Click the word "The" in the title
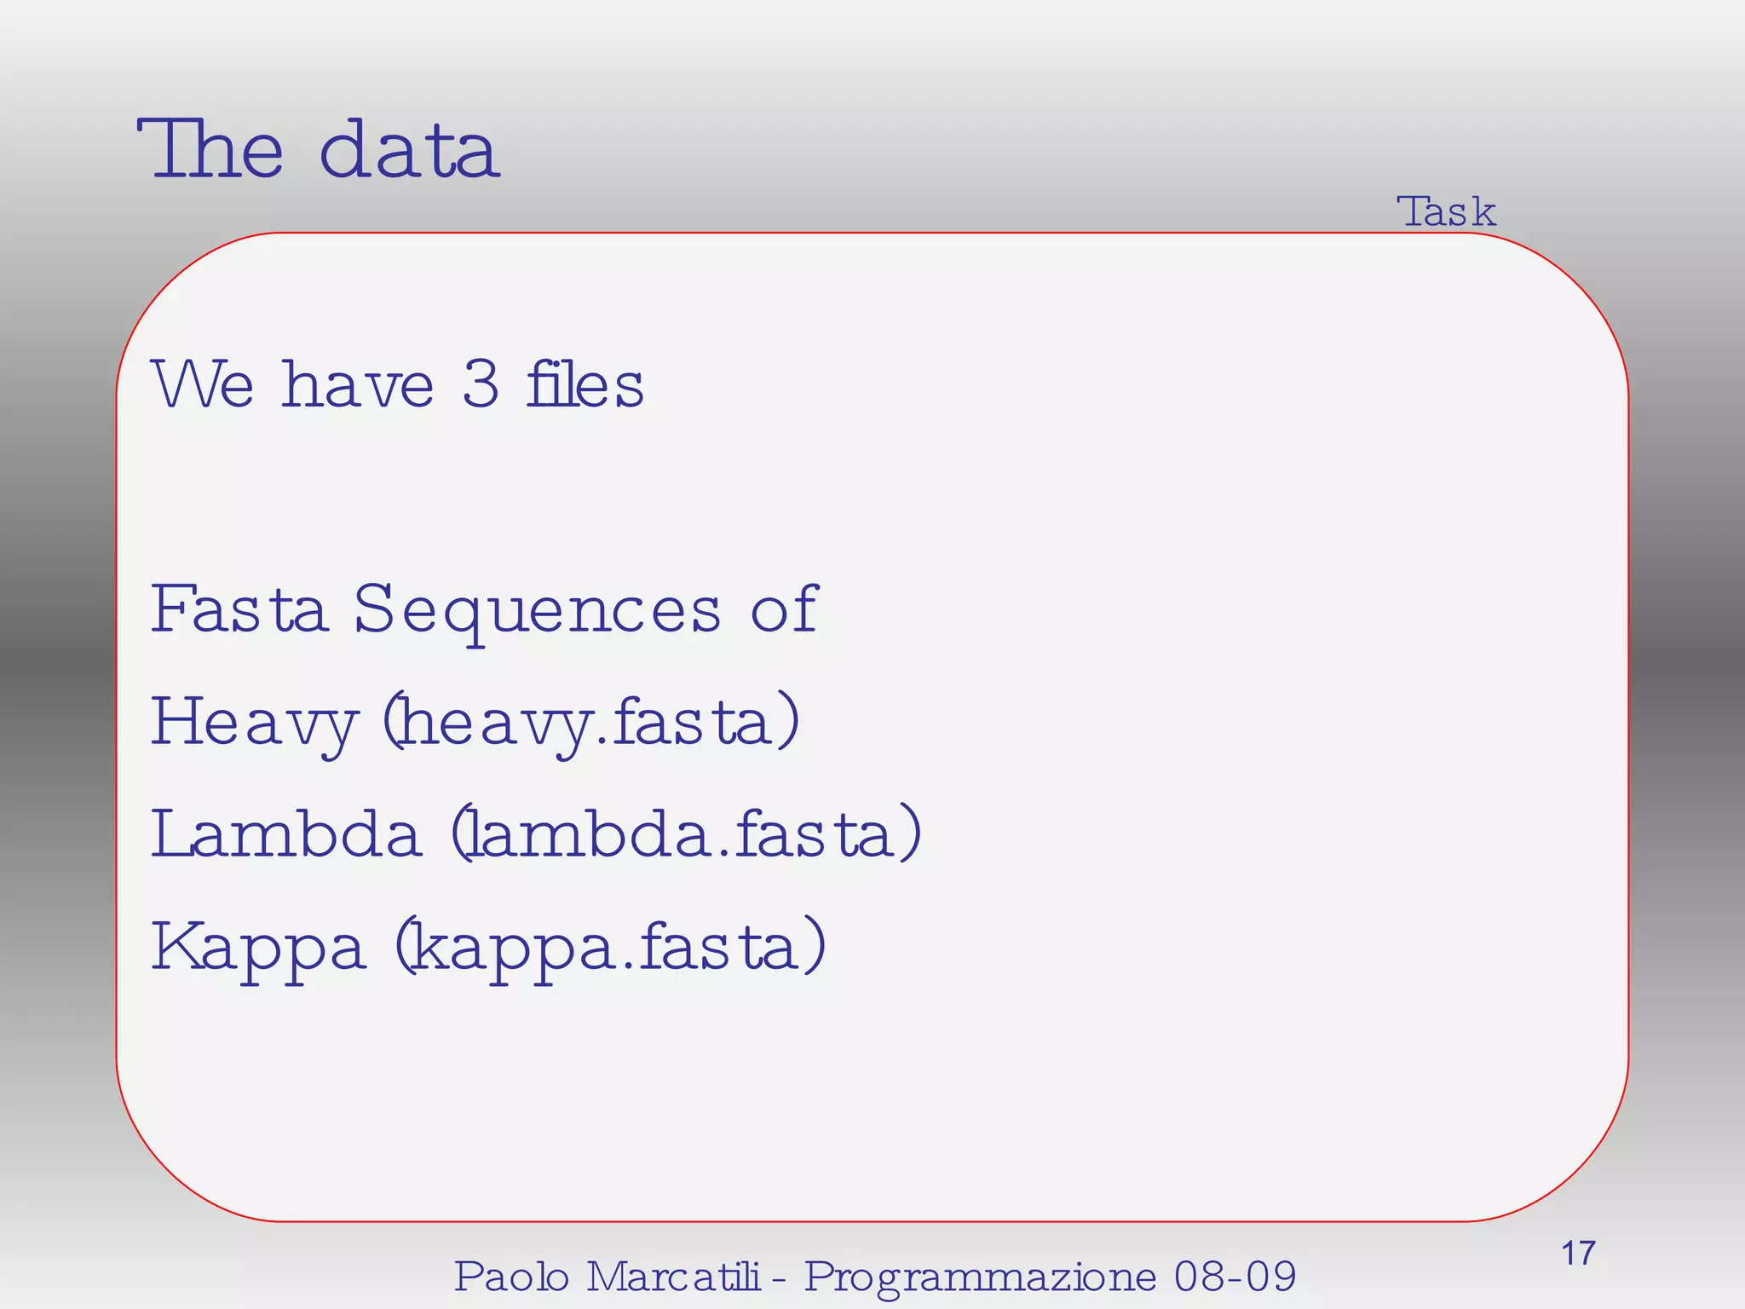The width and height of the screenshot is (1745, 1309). click(x=210, y=150)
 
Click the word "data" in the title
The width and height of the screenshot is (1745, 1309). click(x=409, y=152)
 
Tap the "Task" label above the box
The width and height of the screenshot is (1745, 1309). click(x=1446, y=211)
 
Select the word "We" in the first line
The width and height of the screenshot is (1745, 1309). click(x=203, y=385)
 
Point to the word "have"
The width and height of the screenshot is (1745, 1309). click(x=358, y=385)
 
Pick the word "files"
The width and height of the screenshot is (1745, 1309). click(x=585, y=385)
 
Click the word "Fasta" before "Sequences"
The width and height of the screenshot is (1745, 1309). click(x=239, y=609)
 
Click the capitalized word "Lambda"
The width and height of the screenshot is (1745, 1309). click(x=286, y=834)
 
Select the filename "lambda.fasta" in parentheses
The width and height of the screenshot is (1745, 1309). click(x=686, y=834)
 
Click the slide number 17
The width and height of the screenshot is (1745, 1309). click(x=1577, y=1254)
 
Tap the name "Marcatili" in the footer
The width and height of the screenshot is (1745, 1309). click(x=674, y=1277)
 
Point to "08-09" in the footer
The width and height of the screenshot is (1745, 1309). click(x=1235, y=1277)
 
